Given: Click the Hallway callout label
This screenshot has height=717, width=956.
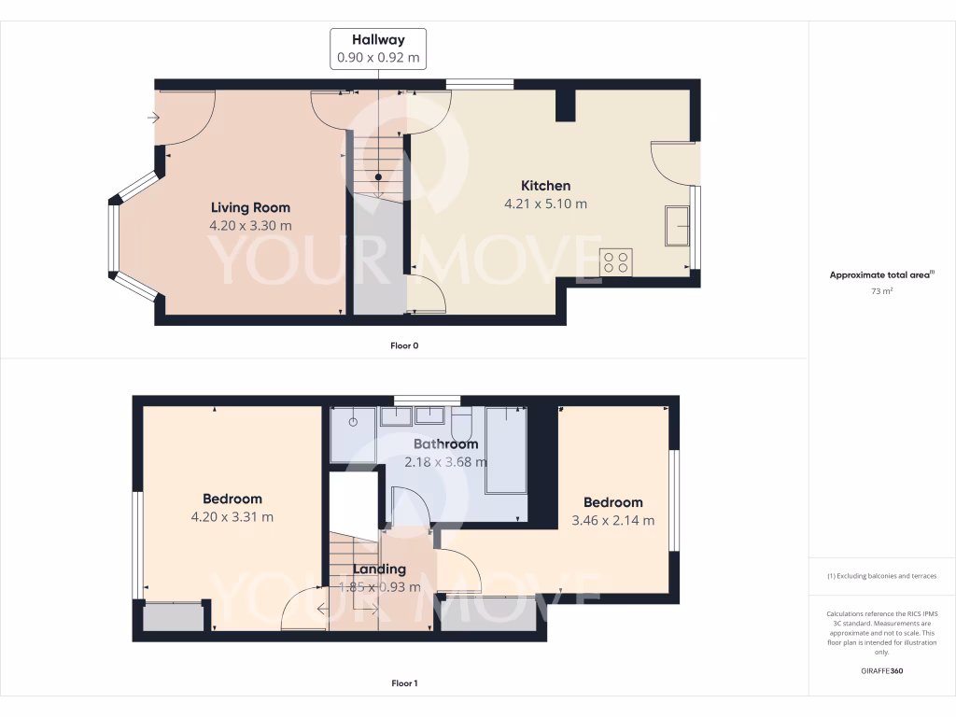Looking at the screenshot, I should (x=378, y=39).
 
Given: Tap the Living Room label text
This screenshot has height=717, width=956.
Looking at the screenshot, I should (x=250, y=207).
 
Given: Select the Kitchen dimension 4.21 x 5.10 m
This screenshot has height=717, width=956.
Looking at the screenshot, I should (x=546, y=204).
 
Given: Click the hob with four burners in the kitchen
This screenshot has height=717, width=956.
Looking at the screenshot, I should (x=616, y=261).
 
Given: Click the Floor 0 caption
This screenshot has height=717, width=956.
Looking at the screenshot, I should (x=404, y=345).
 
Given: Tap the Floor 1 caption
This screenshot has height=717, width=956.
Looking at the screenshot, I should (x=404, y=683).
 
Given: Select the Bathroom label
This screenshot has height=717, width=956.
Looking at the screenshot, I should (x=445, y=444).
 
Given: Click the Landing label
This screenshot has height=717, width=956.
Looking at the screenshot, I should (x=380, y=569).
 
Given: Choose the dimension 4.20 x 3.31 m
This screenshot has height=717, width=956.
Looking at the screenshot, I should (x=232, y=516).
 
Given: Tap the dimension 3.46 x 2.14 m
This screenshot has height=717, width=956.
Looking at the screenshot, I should (x=612, y=520).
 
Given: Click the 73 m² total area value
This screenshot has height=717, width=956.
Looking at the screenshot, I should (x=882, y=291).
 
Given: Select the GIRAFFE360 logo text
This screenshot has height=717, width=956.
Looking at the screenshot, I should (x=882, y=670).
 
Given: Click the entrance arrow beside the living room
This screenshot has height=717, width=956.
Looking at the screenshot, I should (x=153, y=118).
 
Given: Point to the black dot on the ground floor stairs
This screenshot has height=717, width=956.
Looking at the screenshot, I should (x=378, y=176).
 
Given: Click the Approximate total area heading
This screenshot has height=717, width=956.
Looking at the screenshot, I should (x=880, y=274).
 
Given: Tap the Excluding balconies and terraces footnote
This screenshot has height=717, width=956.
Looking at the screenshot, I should (x=882, y=576).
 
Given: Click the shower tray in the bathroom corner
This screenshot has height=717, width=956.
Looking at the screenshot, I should (x=355, y=434).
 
